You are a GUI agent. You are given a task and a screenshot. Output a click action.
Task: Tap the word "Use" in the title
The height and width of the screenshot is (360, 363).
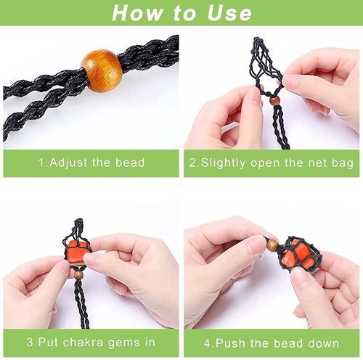click(x=227, y=13)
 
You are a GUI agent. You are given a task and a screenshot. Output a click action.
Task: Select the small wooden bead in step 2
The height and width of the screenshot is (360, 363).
click(x=274, y=102)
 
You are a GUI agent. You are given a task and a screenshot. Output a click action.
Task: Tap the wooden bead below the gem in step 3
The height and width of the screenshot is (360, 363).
click(x=77, y=275)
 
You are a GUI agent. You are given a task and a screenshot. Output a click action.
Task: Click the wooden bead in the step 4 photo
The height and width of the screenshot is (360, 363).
click(x=272, y=245)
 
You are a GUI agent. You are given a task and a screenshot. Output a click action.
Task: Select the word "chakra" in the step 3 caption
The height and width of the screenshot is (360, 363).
click(x=81, y=343)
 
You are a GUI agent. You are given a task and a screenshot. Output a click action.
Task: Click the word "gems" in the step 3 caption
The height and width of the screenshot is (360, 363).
click(x=123, y=343)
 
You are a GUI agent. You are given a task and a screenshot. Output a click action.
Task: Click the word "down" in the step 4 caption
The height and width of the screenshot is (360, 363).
click(x=322, y=343)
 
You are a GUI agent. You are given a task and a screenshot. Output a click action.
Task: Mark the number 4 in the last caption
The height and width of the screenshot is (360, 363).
click(x=208, y=343)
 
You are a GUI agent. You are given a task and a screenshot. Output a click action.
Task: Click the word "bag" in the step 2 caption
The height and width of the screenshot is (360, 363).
click(x=331, y=163)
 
